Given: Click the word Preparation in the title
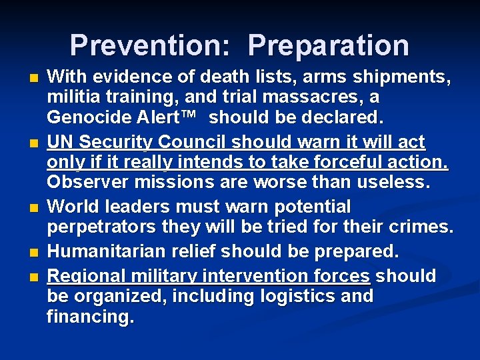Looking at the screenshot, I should pyautogui.click(x=329, y=45).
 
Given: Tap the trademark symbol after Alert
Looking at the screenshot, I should pyautogui.click(x=187, y=116).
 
